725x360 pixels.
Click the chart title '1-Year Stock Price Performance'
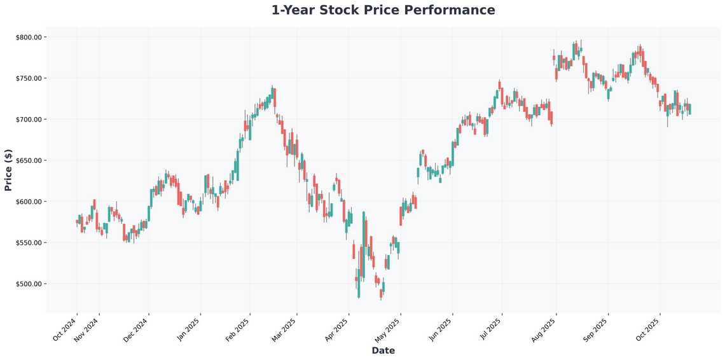point(383,10)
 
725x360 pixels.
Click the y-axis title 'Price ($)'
point(8,169)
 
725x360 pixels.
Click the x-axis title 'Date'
point(383,350)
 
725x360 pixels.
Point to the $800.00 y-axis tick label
point(29,38)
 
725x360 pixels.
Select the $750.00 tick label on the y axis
point(29,78)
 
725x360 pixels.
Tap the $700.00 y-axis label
point(29,120)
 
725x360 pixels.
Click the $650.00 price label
point(29,161)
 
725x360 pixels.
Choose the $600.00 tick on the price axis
point(29,202)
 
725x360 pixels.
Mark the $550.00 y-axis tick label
point(29,243)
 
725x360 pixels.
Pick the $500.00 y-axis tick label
point(29,284)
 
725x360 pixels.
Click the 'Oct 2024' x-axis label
point(66,328)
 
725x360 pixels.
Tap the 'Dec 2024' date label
point(137,328)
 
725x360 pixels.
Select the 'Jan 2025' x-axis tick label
point(189,328)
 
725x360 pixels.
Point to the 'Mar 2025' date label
point(285,328)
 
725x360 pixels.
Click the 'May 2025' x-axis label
point(389,328)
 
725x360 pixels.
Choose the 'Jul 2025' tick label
point(490,328)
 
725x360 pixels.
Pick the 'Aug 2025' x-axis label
point(544,328)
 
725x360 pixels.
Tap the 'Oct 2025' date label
point(648,328)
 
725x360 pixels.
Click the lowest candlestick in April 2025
point(382,294)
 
